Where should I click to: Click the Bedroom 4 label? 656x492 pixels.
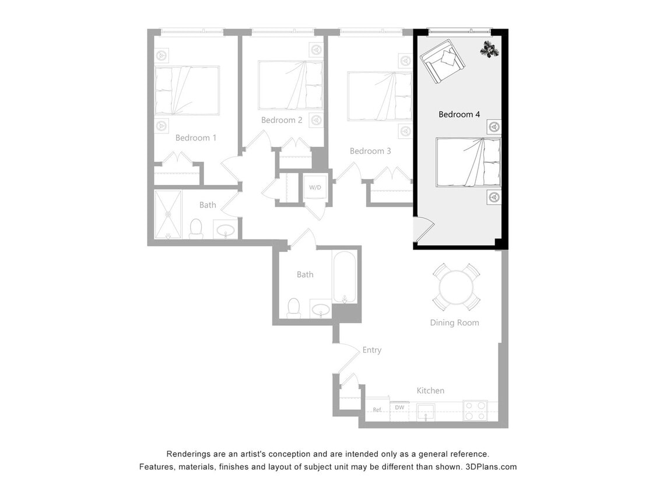coord(459,114)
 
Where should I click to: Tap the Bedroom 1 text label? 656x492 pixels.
coord(196,138)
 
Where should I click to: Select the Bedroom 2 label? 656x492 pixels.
coord(282,120)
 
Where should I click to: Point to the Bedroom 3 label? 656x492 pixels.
coord(370,151)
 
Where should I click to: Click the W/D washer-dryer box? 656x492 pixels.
coord(315,187)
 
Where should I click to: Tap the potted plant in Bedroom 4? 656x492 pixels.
coord(490,50)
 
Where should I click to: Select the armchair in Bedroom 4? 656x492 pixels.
coord(441,61)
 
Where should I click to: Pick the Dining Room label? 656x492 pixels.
coord(454,322)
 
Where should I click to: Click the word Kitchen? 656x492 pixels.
coord(430,391)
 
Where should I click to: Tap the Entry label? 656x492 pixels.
coord(372,350)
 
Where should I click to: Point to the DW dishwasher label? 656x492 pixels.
coord(399,407)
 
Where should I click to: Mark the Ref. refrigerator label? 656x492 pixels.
coord(377,410)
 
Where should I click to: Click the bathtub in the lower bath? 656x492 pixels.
coord(345,276)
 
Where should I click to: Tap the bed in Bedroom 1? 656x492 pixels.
coord(187,90)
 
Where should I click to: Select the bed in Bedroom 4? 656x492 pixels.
coord(468,162)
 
